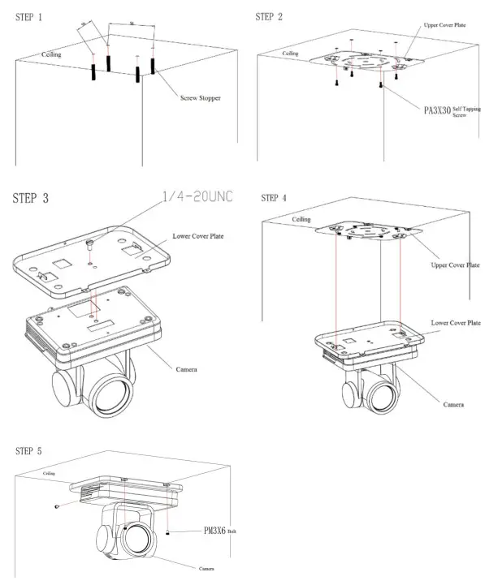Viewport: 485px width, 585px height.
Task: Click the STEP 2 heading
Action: [269, 17]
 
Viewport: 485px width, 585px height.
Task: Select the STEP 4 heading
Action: [275, 198]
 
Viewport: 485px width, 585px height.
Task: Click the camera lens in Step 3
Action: [108, 395]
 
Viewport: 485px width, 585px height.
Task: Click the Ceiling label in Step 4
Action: [301, 219]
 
